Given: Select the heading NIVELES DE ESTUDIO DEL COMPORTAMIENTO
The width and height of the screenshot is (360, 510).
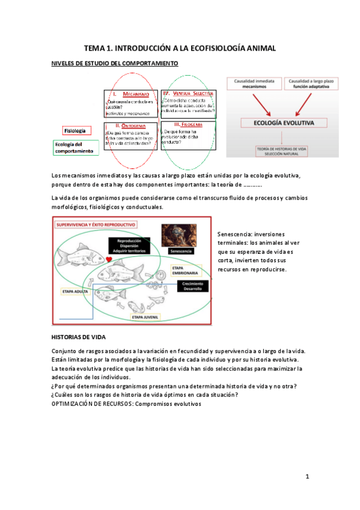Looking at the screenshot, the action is click(114, 63).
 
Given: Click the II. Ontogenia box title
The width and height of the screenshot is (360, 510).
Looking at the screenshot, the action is click(130, 126).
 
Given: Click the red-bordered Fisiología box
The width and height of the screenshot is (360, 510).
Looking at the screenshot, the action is click(75, 131).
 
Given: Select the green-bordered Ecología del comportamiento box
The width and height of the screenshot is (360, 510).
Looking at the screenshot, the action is click(75, 147).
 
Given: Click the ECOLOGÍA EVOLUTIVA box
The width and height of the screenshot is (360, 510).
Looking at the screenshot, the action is click(282, 123).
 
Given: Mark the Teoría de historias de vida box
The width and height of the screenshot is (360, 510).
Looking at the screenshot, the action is click(282, 151).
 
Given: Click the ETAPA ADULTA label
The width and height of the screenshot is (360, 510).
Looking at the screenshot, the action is click(76, 290).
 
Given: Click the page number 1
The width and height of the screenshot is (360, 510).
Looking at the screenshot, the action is click(307, 477).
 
